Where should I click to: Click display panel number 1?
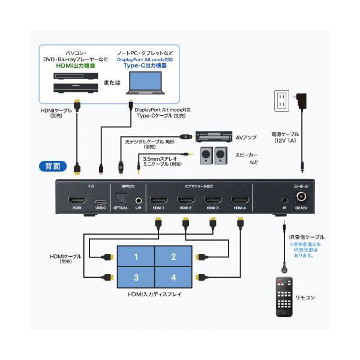[x=136, y=257]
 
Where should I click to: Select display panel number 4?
[x=173, y=278]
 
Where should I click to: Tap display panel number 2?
[x=173, y=257]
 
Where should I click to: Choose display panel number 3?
[x=136, y=278]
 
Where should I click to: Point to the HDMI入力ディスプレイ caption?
[x=154, y=295]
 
